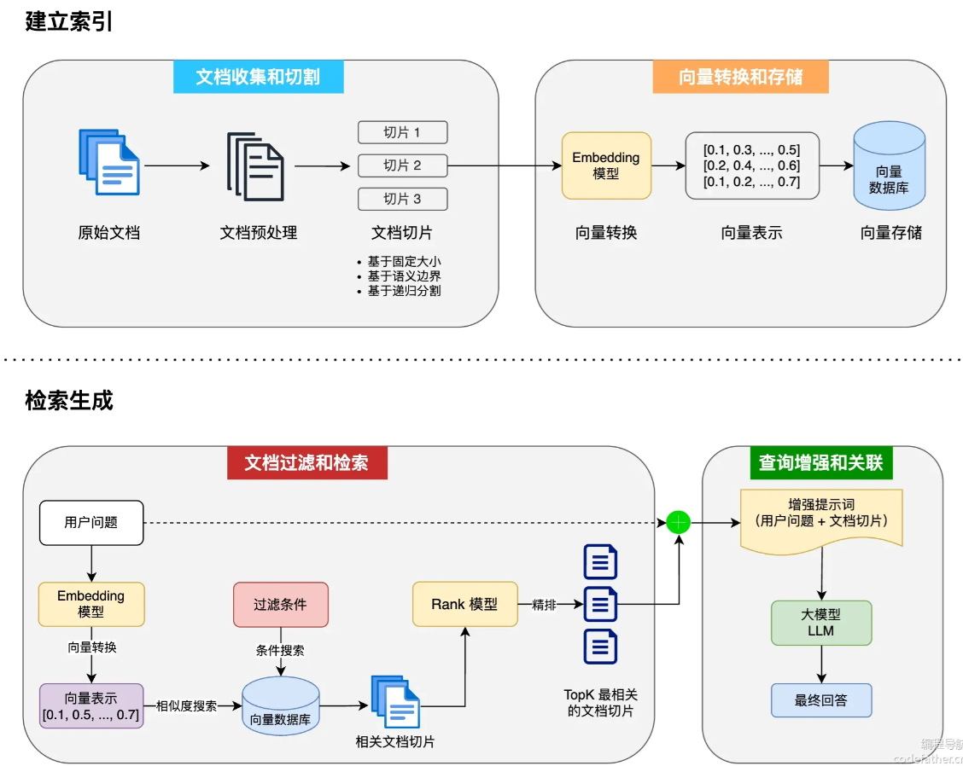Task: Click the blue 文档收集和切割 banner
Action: [258, 77]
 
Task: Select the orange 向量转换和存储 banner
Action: [740, 77]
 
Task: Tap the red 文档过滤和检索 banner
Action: [306, 462]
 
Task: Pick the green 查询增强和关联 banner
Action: [820, 462]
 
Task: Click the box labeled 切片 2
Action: [402, 165]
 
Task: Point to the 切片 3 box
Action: [402, 199]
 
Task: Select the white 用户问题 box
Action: [91, 522]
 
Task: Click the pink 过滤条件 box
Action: [280, 604]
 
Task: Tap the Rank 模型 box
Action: [464, 604]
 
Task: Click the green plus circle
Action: [678, 522]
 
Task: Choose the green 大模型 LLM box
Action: [820, 623]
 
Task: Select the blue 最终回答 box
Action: [820, 700]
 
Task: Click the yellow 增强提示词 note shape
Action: [820, 517]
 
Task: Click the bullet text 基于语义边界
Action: [404, 276]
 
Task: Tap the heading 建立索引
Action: [69, 22]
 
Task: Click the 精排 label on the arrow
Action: [544, 605]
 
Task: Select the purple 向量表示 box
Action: [91, 705]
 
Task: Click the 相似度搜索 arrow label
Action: [186, 705]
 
